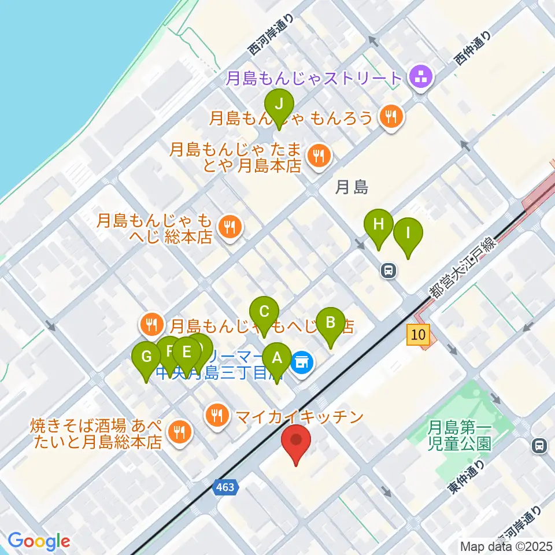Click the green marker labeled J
click(279, 105)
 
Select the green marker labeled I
click(408, 234)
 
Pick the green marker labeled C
click(264, 313)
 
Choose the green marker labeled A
click(277, 358)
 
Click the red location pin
click(297, 442)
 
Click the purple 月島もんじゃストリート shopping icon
click(420, 77)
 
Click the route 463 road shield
click(225, 487)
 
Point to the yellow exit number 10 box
click(419, 334)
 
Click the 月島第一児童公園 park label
click(460, 436)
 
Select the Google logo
click(39, 541)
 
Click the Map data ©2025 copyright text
click(506, 546)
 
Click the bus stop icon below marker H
click(388, 269)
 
